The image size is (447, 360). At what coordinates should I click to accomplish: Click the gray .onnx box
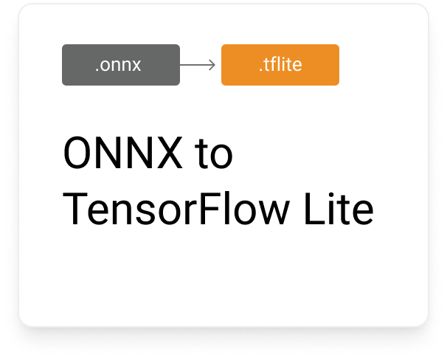(x=120, y=65)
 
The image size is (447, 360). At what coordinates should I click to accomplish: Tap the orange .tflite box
(x=280, y=65)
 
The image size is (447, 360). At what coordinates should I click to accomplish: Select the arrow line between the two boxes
(x=195, y=65)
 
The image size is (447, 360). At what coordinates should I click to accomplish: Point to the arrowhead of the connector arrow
(x=212, y=65)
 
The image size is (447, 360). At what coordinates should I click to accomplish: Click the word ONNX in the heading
(x=118, y=154)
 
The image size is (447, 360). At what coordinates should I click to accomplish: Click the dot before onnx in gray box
(x=97, y=71)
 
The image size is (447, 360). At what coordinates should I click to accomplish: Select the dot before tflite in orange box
(x=260, y=71)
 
